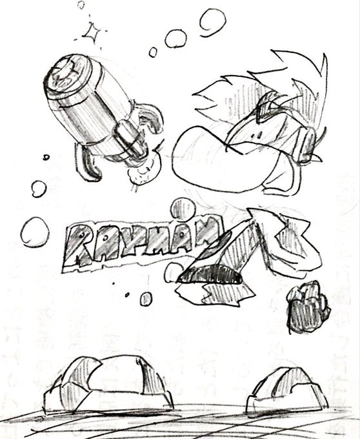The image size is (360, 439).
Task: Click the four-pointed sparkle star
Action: coord(92,33)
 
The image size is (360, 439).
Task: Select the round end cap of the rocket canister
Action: coord(67,74)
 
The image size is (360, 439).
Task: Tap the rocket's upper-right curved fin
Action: coord(150,117)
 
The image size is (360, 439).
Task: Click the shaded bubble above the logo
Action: coord(183,209)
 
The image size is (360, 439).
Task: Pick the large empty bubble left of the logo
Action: coord(35,232)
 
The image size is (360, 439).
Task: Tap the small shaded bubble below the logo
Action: coord(146,299)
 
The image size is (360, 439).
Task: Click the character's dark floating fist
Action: coord(308,307)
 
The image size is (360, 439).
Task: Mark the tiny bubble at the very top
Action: coord(81,5)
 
